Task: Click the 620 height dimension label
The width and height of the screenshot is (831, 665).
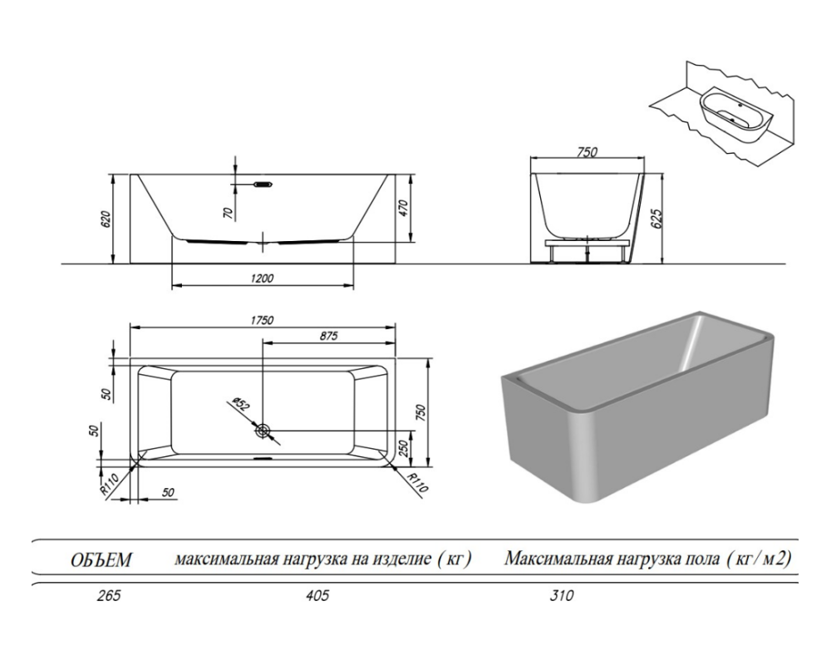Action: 106,220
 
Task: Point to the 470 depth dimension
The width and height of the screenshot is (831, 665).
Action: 405,208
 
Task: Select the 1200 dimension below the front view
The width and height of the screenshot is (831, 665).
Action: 263,278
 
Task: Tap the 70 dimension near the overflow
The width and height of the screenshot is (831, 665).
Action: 228,212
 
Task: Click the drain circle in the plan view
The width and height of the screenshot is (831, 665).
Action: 263,431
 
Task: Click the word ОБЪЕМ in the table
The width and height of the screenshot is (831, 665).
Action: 100,561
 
